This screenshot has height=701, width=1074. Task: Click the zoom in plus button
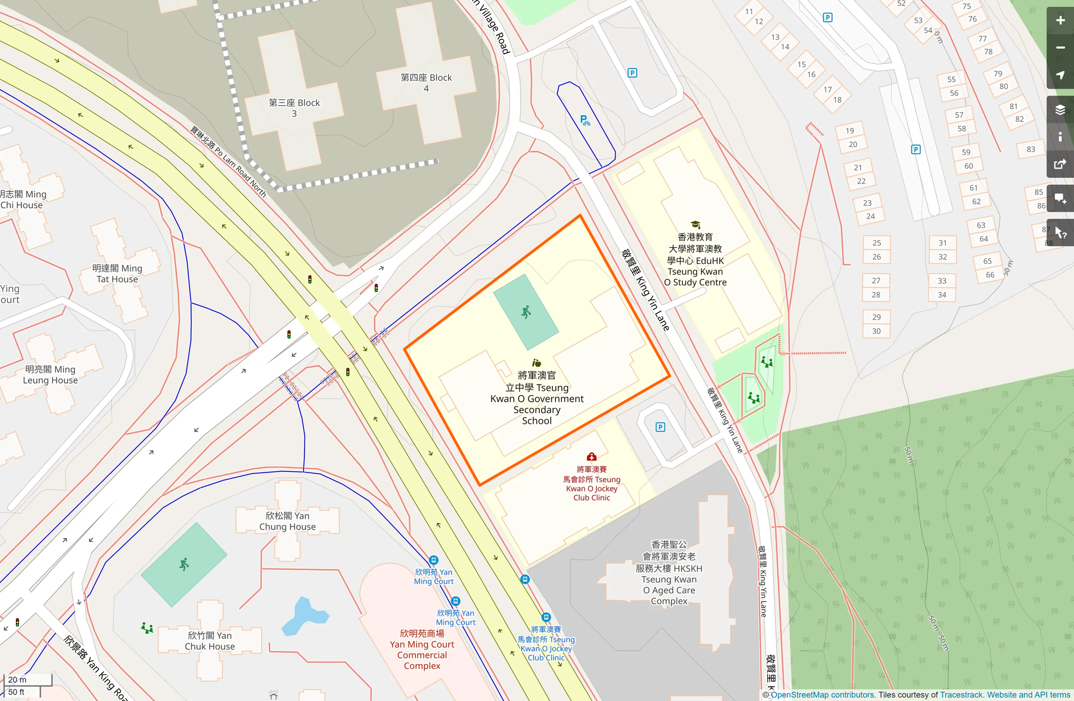pos(1060,21)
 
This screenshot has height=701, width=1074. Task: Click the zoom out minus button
pos(1060,48)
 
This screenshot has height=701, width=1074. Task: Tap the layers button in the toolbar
pos(1060,110)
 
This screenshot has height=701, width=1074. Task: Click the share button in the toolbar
pos(1060,165)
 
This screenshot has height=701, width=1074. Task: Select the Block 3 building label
pos(294,108)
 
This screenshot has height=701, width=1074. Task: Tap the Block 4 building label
pos(426,83)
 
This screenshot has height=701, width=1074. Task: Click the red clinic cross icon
pos(592,457)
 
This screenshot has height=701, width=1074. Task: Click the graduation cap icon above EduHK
pos(695,225)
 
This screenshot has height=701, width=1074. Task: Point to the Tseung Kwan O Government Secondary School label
pos(536,398)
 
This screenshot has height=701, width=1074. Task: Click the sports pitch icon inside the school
pos(526,312)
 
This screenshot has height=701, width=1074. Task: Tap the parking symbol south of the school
pos(660,427)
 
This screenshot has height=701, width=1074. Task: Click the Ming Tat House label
pos(117,274)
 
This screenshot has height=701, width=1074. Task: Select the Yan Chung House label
pos(287,521)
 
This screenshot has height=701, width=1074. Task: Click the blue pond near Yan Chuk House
pos(304,616)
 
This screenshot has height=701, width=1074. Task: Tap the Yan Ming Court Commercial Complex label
pos(422,650)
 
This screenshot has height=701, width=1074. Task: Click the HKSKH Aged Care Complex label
pos(669,573)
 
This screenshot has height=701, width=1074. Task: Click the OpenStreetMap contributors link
pos(823,695)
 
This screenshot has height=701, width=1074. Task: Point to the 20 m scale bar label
pos(17,679)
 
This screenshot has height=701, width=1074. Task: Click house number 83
pos(1031,149)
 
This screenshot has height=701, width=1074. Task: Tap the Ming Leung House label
pos(50,374)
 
